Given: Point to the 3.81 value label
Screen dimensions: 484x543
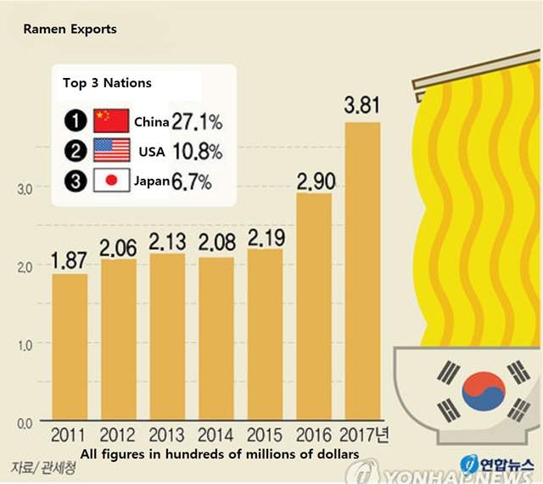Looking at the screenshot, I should (361, 107).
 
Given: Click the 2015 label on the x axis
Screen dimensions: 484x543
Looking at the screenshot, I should (265, 436).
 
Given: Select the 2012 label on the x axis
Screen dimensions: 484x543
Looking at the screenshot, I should (119, 436).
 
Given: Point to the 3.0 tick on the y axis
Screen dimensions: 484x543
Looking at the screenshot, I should (24, 188).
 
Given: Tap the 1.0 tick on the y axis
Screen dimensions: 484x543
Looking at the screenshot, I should (24, 344).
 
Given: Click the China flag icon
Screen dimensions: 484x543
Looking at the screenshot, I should (111, 120).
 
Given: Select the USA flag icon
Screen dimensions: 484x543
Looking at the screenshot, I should (111, 150).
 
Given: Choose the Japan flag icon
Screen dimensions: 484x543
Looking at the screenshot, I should (111, 181).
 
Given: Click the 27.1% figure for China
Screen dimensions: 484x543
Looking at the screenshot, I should (197, 120).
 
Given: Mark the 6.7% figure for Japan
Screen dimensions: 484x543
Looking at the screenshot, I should (191, 181).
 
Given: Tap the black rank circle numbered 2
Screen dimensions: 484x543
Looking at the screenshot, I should (74, 151).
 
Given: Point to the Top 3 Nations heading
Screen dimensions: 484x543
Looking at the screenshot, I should (107, 83).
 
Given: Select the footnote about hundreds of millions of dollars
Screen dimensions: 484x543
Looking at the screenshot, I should (219, 454).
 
